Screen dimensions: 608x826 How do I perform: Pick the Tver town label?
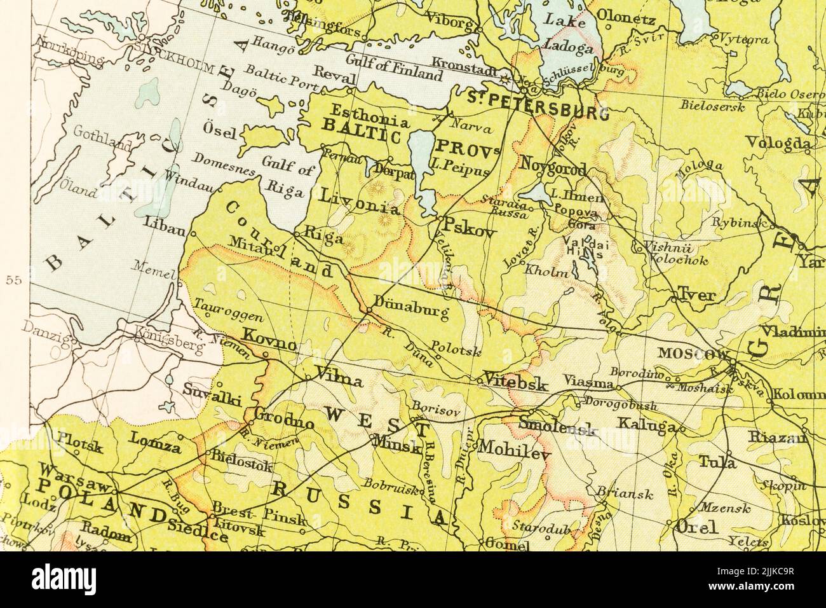click(697, 294)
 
